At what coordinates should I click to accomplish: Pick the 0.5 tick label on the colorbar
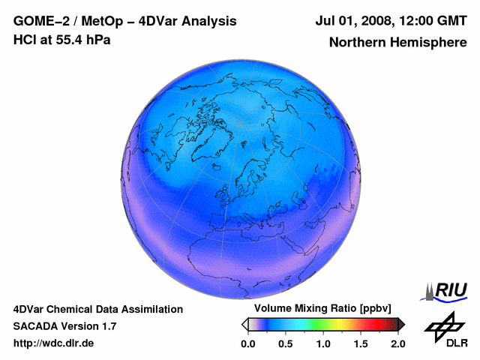tap(286, 343)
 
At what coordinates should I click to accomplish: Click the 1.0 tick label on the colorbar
tap(323, 343)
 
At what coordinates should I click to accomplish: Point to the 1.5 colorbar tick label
tap(361, 343)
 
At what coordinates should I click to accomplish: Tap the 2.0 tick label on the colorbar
tap(397, 343)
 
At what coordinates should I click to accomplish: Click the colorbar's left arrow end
tap(244, 324)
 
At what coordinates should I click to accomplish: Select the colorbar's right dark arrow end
tap(400, 324)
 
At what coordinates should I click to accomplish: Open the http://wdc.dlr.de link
tap(54, 343)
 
